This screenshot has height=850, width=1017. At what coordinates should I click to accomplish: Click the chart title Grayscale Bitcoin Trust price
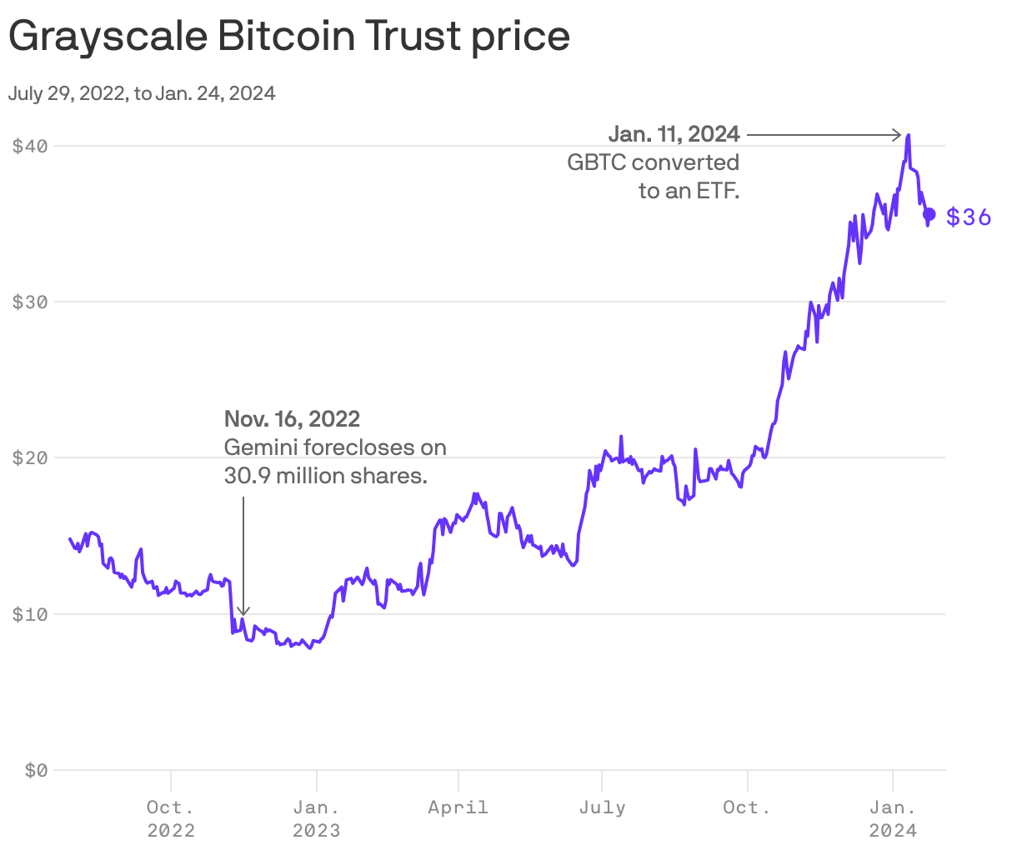tap(288, 37)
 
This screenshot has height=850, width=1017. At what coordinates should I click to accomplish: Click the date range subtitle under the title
tap(142, 93)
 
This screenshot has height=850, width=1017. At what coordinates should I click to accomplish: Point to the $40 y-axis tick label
tap(30, 146)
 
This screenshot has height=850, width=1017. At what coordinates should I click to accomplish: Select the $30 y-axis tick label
tap(30, 302)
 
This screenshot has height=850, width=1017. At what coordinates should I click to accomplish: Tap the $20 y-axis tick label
tap(30, 457)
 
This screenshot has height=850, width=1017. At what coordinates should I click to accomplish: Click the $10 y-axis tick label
tap(30, 614)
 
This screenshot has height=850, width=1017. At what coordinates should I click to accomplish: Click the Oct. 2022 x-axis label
tap(171, 818)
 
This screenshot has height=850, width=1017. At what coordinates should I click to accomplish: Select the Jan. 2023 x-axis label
tap(316, 818)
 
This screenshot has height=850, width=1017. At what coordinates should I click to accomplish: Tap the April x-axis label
tap(458, 807)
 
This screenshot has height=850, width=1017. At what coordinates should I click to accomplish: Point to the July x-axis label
tap(602, 807)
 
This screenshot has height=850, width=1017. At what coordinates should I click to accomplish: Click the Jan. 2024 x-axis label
tap(893, 818)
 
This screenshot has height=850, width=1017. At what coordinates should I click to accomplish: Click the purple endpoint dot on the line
tap(929, 214)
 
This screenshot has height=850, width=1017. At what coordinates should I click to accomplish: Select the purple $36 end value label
tap(969, 217)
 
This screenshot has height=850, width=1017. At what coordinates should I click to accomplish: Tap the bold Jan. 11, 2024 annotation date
tap(674, 134)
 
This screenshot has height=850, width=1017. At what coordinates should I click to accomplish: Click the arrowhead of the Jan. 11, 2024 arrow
tap(898, 134)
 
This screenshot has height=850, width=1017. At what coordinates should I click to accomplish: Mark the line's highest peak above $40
tap(908, 135)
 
